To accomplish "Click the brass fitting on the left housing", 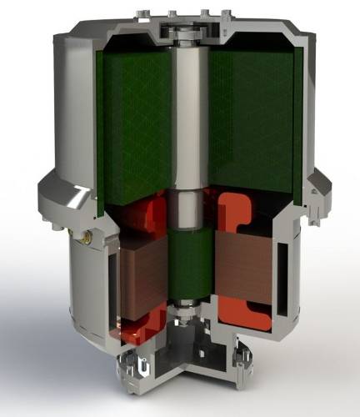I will (x=86, y=239).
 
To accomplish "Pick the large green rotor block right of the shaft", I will (x=250, y=125).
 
